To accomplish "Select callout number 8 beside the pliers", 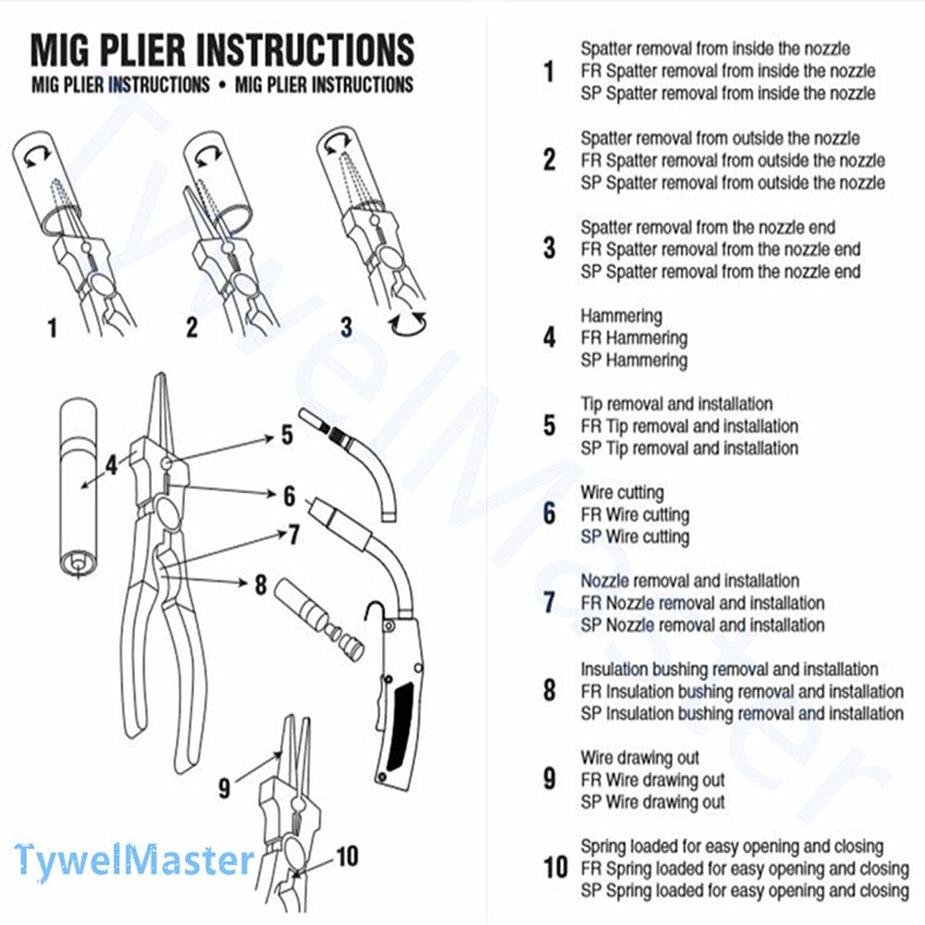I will (x=260, y=585).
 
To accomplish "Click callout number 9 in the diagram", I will (x=224, y=787).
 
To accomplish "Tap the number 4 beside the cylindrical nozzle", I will (x=111, y=463).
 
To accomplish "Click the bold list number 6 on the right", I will (x=549, y=514).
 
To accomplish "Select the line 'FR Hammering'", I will (x=634, y=339).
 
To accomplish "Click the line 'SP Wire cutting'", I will (x=635, y=536).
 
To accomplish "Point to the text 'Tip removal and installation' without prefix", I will (x=676, y=404).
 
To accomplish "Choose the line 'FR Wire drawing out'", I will (x=652, y=781).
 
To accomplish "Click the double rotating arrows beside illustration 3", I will (x=408, y=324).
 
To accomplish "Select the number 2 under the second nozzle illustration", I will (x=191, y=327).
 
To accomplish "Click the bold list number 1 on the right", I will (x=549, y=71).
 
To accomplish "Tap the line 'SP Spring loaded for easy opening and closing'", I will (x=745, y=891).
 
